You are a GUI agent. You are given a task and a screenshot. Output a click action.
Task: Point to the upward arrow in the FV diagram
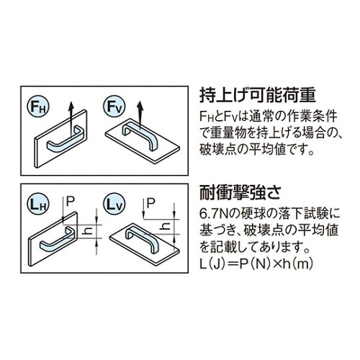coord(140,112)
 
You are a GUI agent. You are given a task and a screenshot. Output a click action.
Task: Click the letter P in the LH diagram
coord(70,204)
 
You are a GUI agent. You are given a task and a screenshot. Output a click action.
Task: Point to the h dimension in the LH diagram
coord(87,231)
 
